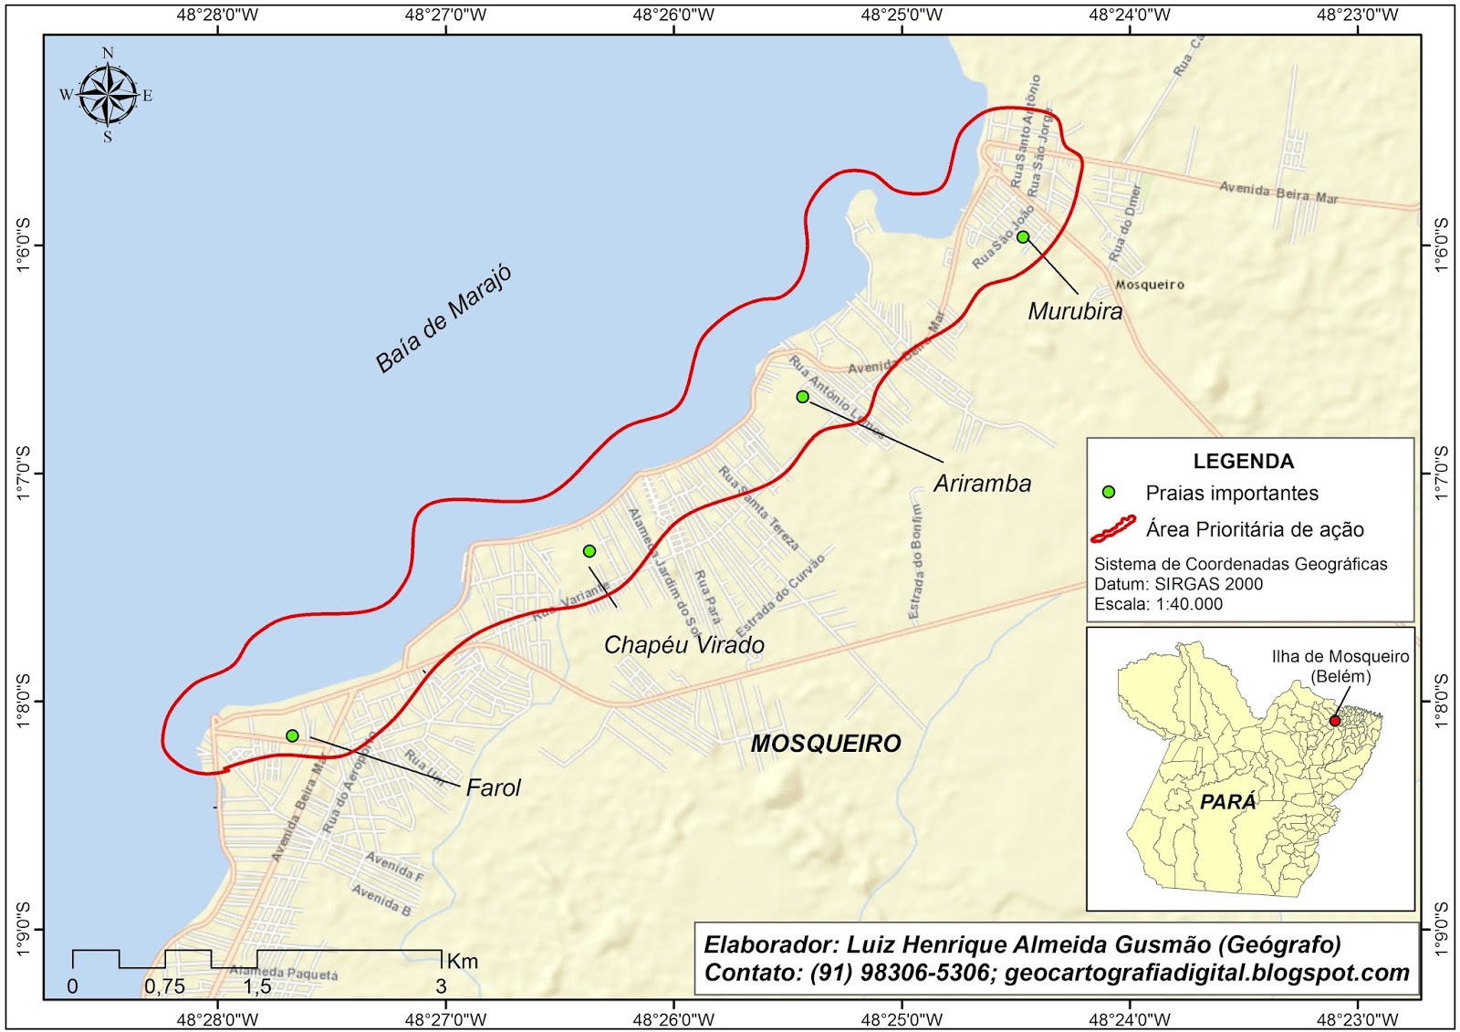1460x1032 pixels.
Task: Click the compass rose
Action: (109, 95)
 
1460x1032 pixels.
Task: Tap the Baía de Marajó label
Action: (443, 319)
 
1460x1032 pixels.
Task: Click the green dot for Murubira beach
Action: (1023, 237)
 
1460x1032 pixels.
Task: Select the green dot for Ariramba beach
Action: (802, 397)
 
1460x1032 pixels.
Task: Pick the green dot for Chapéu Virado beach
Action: (589, 551)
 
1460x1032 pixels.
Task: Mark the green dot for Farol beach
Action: (292, 735)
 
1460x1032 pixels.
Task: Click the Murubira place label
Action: (1075, 311)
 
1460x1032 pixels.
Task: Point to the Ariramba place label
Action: (982, 484)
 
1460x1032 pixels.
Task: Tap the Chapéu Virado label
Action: (684, 645)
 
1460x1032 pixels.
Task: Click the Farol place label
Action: (493, 787)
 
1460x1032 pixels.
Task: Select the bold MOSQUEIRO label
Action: (826, 744)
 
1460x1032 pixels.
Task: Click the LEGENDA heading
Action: (1243, 462)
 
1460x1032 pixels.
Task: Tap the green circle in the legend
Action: (1109, 492)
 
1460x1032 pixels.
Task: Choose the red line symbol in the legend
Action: (1113, 529)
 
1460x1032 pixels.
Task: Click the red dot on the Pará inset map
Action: (1334, 721)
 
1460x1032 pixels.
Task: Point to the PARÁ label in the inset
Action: (1228, 802)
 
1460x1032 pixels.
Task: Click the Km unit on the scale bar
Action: (463, 962)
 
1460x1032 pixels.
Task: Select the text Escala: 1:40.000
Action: (1158, 604)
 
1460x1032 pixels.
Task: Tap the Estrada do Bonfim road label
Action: (915, 562)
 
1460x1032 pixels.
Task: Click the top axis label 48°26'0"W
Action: (674, 15)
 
